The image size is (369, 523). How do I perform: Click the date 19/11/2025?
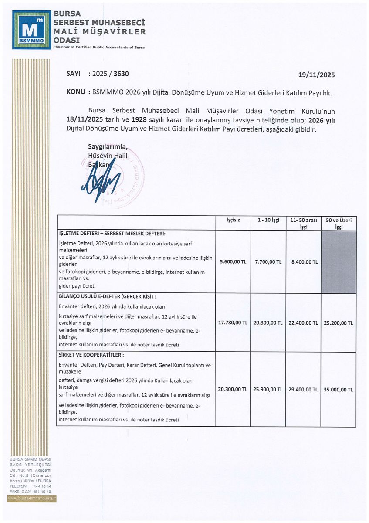317,75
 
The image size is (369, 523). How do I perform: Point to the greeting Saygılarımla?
108,146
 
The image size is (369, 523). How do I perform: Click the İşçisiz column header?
233,220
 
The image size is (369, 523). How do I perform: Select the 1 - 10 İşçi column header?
268,220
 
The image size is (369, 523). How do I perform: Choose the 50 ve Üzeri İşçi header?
339,223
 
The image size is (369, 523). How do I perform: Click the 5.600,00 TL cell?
233,262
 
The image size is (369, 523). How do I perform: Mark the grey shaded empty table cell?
339,261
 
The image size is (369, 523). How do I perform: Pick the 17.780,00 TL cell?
233,323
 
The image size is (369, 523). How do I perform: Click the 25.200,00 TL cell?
339,323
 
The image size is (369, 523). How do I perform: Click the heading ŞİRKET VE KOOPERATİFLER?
91,355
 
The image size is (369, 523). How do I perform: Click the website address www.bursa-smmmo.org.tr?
32,498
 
